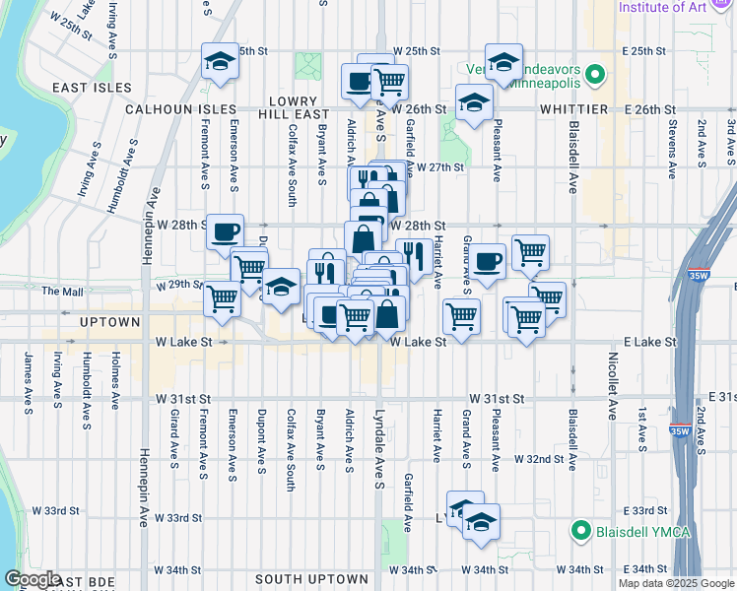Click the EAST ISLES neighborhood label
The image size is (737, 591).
coord(93,88)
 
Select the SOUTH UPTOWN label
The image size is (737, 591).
coord(311,579)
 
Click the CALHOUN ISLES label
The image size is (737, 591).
coord(180,109)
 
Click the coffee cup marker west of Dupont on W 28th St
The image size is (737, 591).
coord(226,231)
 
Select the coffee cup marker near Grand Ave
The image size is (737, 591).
coord(487,262)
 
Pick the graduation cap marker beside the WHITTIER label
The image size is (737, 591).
coord(474,102)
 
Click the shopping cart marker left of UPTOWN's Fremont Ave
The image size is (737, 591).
coord(222,297)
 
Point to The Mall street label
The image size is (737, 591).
coord(61,292)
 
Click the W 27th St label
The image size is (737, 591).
coord(439,167)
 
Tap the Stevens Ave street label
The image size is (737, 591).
coord(670,140)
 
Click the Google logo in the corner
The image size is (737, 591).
coord(33,580)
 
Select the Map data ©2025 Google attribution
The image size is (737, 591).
coord(675,583)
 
